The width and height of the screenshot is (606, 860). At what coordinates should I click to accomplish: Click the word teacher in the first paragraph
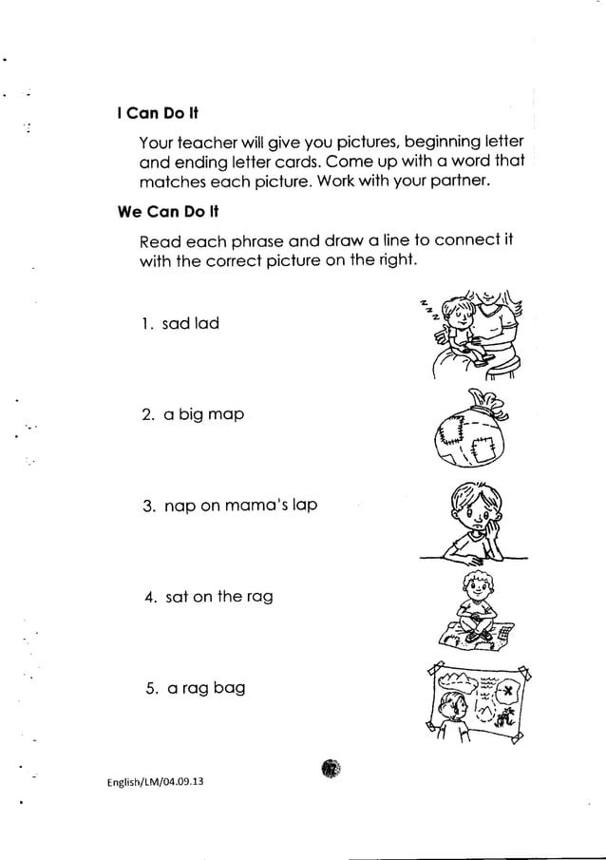[205, 143]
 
